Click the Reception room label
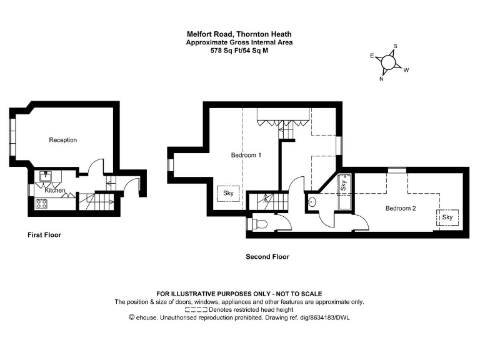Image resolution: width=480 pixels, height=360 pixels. coord(63,140)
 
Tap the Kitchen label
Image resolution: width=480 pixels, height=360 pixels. coord(55,190)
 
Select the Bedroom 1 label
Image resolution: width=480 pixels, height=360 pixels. coord(246,155)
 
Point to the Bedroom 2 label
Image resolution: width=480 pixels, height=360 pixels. coord(400,208)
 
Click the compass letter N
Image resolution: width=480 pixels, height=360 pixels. coord(381,79)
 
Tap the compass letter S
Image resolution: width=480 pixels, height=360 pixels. coord(395,46)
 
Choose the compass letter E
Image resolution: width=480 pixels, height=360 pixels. coord(372,56)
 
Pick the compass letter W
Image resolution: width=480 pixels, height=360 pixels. coord(406,70)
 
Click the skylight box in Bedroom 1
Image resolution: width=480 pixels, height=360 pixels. coord(228,194)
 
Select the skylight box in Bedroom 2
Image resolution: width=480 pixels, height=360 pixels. coord(447,217)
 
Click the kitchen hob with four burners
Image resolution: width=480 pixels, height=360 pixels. coord(42,203)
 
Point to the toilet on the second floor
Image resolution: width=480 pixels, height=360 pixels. coord(259,224)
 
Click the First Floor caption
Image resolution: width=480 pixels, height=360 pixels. coord(44,235)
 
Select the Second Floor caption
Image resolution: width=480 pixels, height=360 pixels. coord(267,257)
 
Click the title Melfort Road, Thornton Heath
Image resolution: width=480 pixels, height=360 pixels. coord(239,34)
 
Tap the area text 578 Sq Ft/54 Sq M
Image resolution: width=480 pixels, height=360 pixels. coord(239,51)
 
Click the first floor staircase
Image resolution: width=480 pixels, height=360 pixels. coord(96,201)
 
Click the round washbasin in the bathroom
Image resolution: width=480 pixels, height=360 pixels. coord(311,201)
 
